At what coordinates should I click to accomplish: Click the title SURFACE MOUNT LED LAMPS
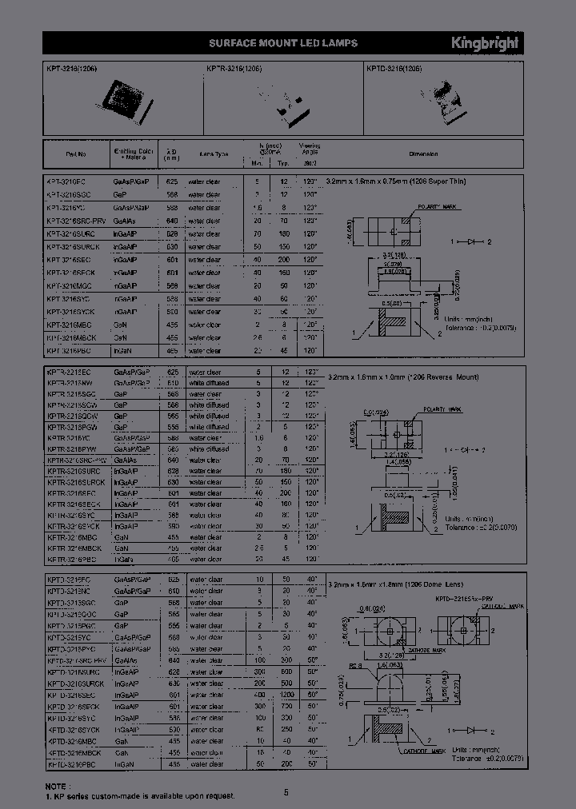(x=283, y=43)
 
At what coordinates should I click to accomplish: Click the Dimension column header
(x=423, y=153)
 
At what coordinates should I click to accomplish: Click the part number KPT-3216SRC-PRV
(x=76, y=221)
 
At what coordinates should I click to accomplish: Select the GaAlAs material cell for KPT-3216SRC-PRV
(x=125, y=221)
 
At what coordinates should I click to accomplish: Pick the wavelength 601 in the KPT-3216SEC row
(x=171, y=260)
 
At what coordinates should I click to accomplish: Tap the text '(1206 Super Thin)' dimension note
(x=433, y=182)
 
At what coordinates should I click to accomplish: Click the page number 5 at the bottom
(x=286, y=792)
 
